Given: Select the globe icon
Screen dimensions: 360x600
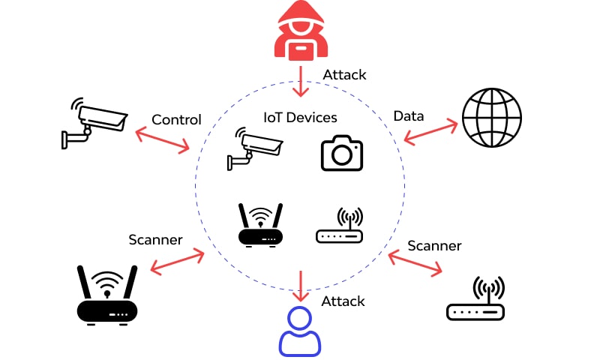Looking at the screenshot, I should (492, 119).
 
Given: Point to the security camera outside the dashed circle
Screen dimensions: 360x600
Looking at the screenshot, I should (93, 121).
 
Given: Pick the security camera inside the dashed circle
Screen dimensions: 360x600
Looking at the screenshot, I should (254, 148).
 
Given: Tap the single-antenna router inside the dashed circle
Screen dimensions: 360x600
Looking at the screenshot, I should (339, 226).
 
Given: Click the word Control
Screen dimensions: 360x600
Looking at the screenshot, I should (176, 120).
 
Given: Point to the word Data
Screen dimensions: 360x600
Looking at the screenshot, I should (409, 115).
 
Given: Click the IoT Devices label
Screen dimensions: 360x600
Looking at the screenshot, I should (300, 118).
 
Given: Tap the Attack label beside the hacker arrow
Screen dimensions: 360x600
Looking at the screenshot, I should (344, 75).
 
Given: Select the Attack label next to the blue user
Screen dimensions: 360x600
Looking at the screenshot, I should (343, 301).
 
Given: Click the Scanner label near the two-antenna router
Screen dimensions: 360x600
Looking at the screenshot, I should (155, 240).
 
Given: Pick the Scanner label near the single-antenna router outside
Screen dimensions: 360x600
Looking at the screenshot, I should (434, 245).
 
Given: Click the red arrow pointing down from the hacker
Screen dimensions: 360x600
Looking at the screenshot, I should (301, 81).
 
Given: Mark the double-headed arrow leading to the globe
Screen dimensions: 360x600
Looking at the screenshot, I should (430, 131).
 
